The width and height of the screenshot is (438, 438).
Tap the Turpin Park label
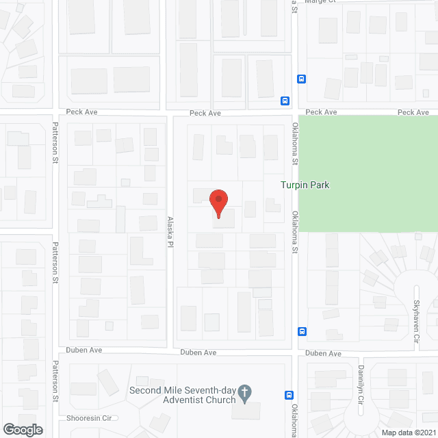point(305,185)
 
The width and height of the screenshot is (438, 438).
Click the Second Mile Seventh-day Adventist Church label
point(182,395)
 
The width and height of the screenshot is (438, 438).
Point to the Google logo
point(22,429)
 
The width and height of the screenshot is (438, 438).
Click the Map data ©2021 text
point(408,432)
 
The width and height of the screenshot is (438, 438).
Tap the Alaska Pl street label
point(170,233)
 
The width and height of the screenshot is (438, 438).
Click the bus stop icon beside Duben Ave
point(302,332)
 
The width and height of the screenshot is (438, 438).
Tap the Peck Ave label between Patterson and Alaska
point(81,112)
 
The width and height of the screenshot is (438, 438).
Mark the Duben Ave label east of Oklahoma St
point(324,353)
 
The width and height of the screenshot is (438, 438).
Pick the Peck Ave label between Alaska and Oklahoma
point(205,113)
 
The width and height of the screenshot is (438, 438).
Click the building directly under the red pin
point(224,219)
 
